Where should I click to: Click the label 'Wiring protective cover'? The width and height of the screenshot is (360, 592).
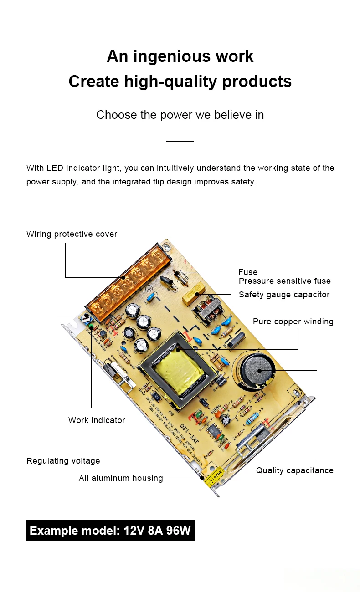pyautogui.click(x=72, y=234)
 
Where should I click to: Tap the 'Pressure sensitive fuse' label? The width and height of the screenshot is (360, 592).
pyautogui.click(x=284, y=281)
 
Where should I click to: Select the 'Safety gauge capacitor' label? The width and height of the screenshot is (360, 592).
pyautogui.click(x=284, y=295)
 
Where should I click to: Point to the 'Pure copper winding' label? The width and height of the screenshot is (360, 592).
pyautogui.click(x=293, y=322)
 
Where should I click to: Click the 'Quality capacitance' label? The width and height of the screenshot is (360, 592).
pyautogui.click(x=294, y=470)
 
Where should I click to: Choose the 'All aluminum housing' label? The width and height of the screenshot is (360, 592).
pyautogui.click(x=121, y=478)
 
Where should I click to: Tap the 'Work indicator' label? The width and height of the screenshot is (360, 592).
pyautogui.click(x=97, y=420)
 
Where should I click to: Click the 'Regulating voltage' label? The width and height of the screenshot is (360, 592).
pyautogui.click(x=63, y=461)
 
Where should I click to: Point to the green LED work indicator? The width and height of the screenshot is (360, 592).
pyautogui.click(x=91, y=327)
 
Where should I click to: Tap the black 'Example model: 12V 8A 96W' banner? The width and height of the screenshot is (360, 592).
pyautogui.click(x=110, y=531)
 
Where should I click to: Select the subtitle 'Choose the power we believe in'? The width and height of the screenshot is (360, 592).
pyautogui.click(x=180, y=115)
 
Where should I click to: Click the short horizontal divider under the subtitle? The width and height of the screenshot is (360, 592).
pyautogui.click(x=180, y=142)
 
